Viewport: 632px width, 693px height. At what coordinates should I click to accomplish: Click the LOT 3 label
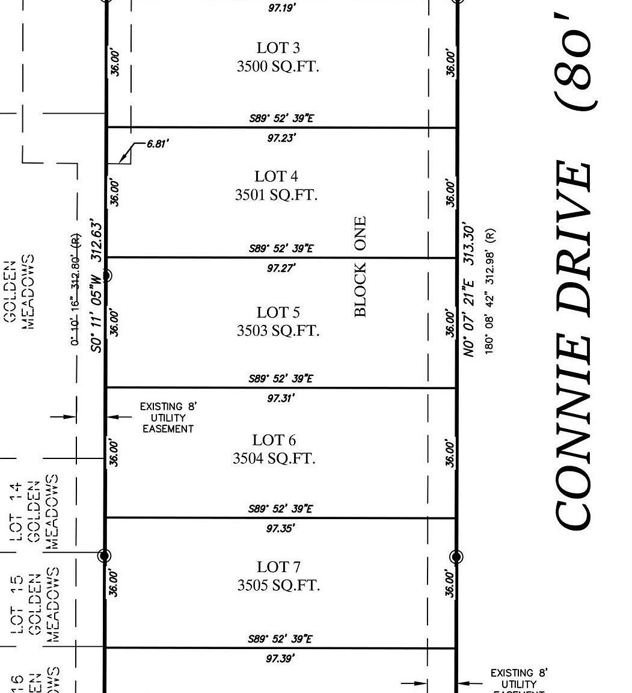coord(278,48)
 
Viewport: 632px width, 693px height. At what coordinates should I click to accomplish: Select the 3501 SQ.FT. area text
coord(276,195)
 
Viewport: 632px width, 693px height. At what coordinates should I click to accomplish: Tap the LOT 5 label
coord(278,312)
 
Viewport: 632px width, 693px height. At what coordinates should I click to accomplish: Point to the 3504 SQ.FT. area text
coord(274,458)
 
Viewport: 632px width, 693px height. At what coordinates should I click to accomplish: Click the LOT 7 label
coord(278,567)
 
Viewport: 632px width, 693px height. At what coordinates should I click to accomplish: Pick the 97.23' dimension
coord(281,138)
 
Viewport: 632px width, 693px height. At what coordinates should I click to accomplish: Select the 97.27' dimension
coord(281,268)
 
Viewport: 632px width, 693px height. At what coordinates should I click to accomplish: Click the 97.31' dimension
coord(281,398)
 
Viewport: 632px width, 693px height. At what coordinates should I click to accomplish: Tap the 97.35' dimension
coord(281,529)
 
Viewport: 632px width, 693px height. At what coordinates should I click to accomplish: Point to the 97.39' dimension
coord(280,659)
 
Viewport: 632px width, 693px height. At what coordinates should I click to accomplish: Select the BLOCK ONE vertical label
coord(360,266)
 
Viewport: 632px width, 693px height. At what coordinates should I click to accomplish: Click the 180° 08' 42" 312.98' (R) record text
coord(490,291)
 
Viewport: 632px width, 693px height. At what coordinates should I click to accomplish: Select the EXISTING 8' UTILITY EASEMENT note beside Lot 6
coord(168,417)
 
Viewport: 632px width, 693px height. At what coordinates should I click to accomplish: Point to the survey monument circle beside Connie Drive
coord(456,556)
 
